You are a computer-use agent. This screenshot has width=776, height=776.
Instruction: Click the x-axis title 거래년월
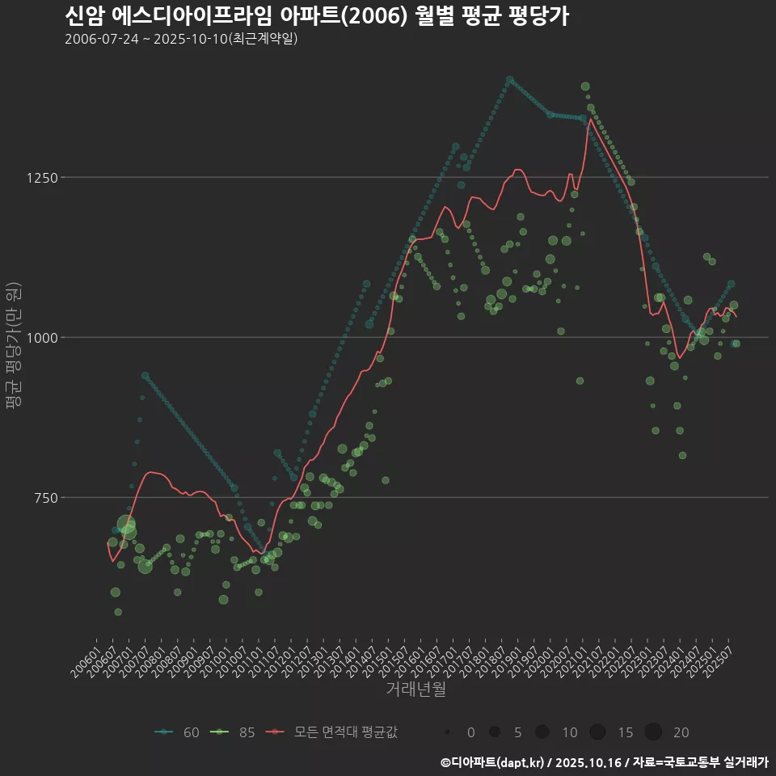(x=415, y=689)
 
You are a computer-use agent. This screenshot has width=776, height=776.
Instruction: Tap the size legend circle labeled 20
(x=653, y=732)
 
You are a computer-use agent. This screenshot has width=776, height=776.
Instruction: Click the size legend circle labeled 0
(x=447, y=732)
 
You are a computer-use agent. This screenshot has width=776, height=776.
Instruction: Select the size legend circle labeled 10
(x=542, y=732)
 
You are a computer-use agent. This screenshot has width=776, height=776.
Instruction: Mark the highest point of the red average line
(x=590, y=120)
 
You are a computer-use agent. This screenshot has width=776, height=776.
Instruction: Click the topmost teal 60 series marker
(x=509, y=80)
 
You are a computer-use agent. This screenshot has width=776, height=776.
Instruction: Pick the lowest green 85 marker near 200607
(x=118, y=612)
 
